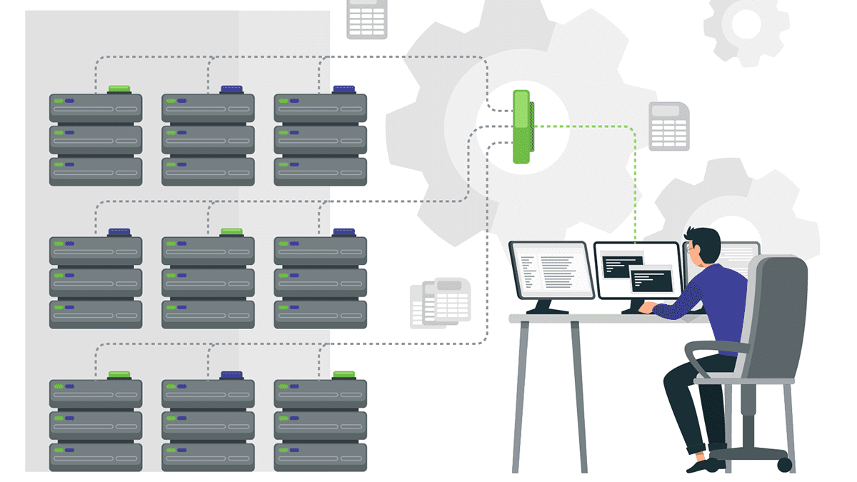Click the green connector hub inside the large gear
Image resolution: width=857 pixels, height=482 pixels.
tap(523, 126)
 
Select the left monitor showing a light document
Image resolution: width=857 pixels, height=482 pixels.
tap(551, 269)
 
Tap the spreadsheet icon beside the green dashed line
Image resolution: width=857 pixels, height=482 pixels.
tap(668, 126)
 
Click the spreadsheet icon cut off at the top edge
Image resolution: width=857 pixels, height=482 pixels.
tap(366, 19)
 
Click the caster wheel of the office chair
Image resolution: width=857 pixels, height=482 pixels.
tap(783, 465)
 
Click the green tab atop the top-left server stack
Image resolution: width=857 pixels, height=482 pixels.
tap(119, 89)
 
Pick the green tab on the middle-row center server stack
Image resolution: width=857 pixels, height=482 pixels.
tap(231, 231)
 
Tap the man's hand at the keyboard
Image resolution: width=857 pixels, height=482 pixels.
tap(646, 308)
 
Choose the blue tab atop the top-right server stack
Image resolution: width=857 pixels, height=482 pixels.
tap(344, 89)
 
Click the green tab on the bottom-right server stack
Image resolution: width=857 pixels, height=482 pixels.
tap(344, 374)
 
